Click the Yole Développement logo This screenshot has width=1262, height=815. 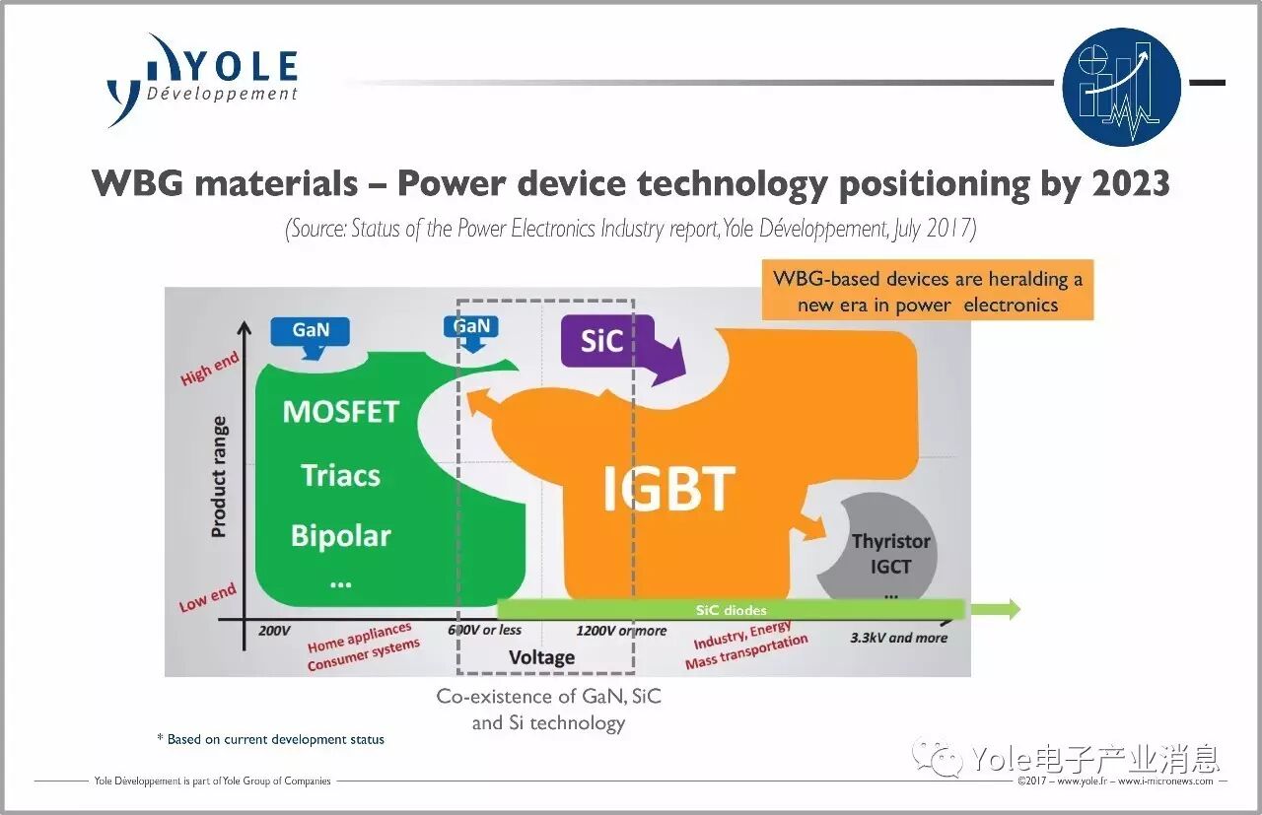[202, 79]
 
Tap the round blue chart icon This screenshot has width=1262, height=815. [1121, 88]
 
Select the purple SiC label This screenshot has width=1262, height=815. [602, 341]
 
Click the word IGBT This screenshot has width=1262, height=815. [668, 488]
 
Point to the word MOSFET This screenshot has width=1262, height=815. [340, 412]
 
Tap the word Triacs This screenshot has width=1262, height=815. [340, 476]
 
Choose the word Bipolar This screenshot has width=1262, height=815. [340, 536]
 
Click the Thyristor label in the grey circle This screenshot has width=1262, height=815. [890, 541]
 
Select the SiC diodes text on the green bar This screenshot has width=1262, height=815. [731, 610]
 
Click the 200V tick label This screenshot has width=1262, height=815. [275, 630]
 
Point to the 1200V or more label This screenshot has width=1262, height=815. [621, 631]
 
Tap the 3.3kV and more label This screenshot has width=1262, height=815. [898, 638]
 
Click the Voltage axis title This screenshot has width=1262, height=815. [541, 657]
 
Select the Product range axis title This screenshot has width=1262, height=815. [219, 477]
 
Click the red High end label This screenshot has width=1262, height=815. [209, 369]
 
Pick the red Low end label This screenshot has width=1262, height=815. [207, 597]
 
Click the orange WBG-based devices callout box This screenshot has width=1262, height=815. [927, 291]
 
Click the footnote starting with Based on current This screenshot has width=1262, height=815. [271, 739]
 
